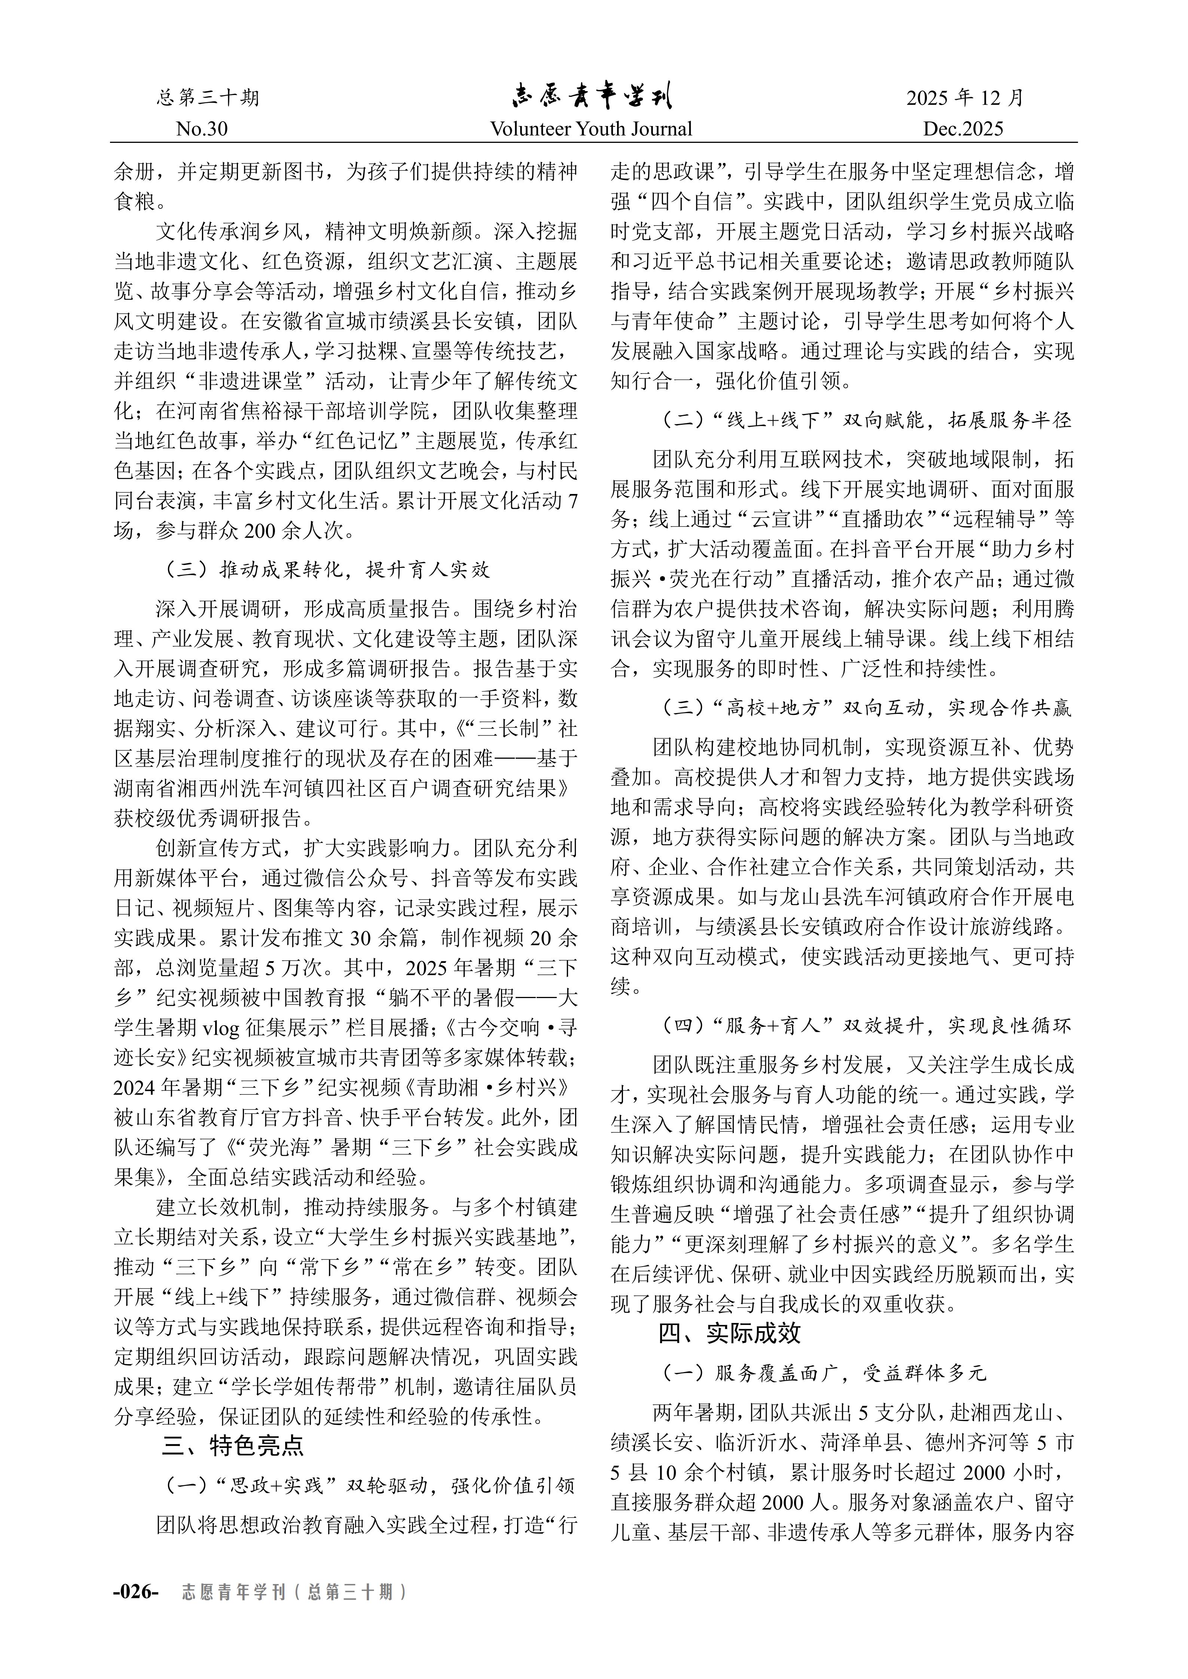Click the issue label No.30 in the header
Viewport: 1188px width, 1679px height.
(x=202, y=129)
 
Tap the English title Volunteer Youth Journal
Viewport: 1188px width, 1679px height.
(x=591, y=129)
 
